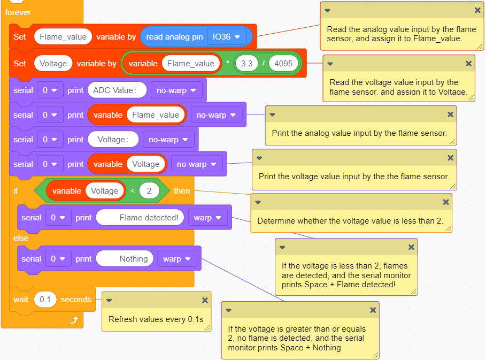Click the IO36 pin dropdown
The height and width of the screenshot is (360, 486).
click(x=227, y=37)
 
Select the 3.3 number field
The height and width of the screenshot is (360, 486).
click(x=246, y=64)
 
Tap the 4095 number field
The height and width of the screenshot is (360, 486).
click(x=283, y=64)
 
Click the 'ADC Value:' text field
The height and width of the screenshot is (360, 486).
click(x=117, y=90)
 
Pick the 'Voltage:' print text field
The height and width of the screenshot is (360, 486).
click(x=113, y=140)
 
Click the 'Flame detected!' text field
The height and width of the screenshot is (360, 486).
click(x=140, y=218)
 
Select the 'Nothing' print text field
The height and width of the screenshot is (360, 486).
click(x=125, y=259)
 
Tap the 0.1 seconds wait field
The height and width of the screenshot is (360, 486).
click(x=45, y=300)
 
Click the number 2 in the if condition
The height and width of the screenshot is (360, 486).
click(x=149, y=190)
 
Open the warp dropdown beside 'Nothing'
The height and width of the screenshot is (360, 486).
click(x=177, y=259)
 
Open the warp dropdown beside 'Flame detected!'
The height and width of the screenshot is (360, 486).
click(x=207, y=218)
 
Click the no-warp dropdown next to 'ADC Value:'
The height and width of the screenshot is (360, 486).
click(x=176, y=90)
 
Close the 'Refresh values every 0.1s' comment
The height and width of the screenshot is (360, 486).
click(x=205, y=300)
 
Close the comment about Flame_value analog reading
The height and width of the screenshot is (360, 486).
click(x=477, y=10)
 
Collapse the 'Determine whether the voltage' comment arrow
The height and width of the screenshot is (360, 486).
click(x=258, y=202)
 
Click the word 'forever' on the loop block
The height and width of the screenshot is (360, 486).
click(x=18, y=12)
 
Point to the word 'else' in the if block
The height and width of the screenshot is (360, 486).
click(x=21, y=238)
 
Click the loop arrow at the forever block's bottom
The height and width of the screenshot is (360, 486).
click(x=74, y=320)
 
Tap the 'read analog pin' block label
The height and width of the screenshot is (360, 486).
click(x=174, y=37)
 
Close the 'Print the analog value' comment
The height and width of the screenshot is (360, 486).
click(x=450, y=114)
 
